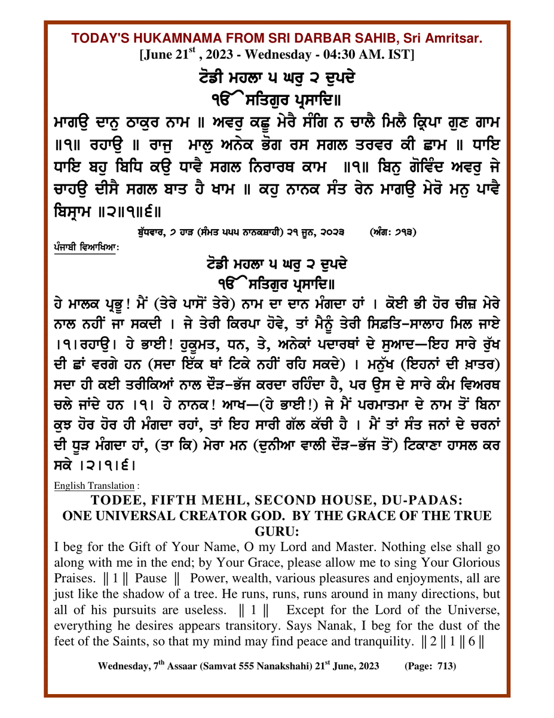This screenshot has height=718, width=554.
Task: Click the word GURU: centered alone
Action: tap(277, 531)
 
